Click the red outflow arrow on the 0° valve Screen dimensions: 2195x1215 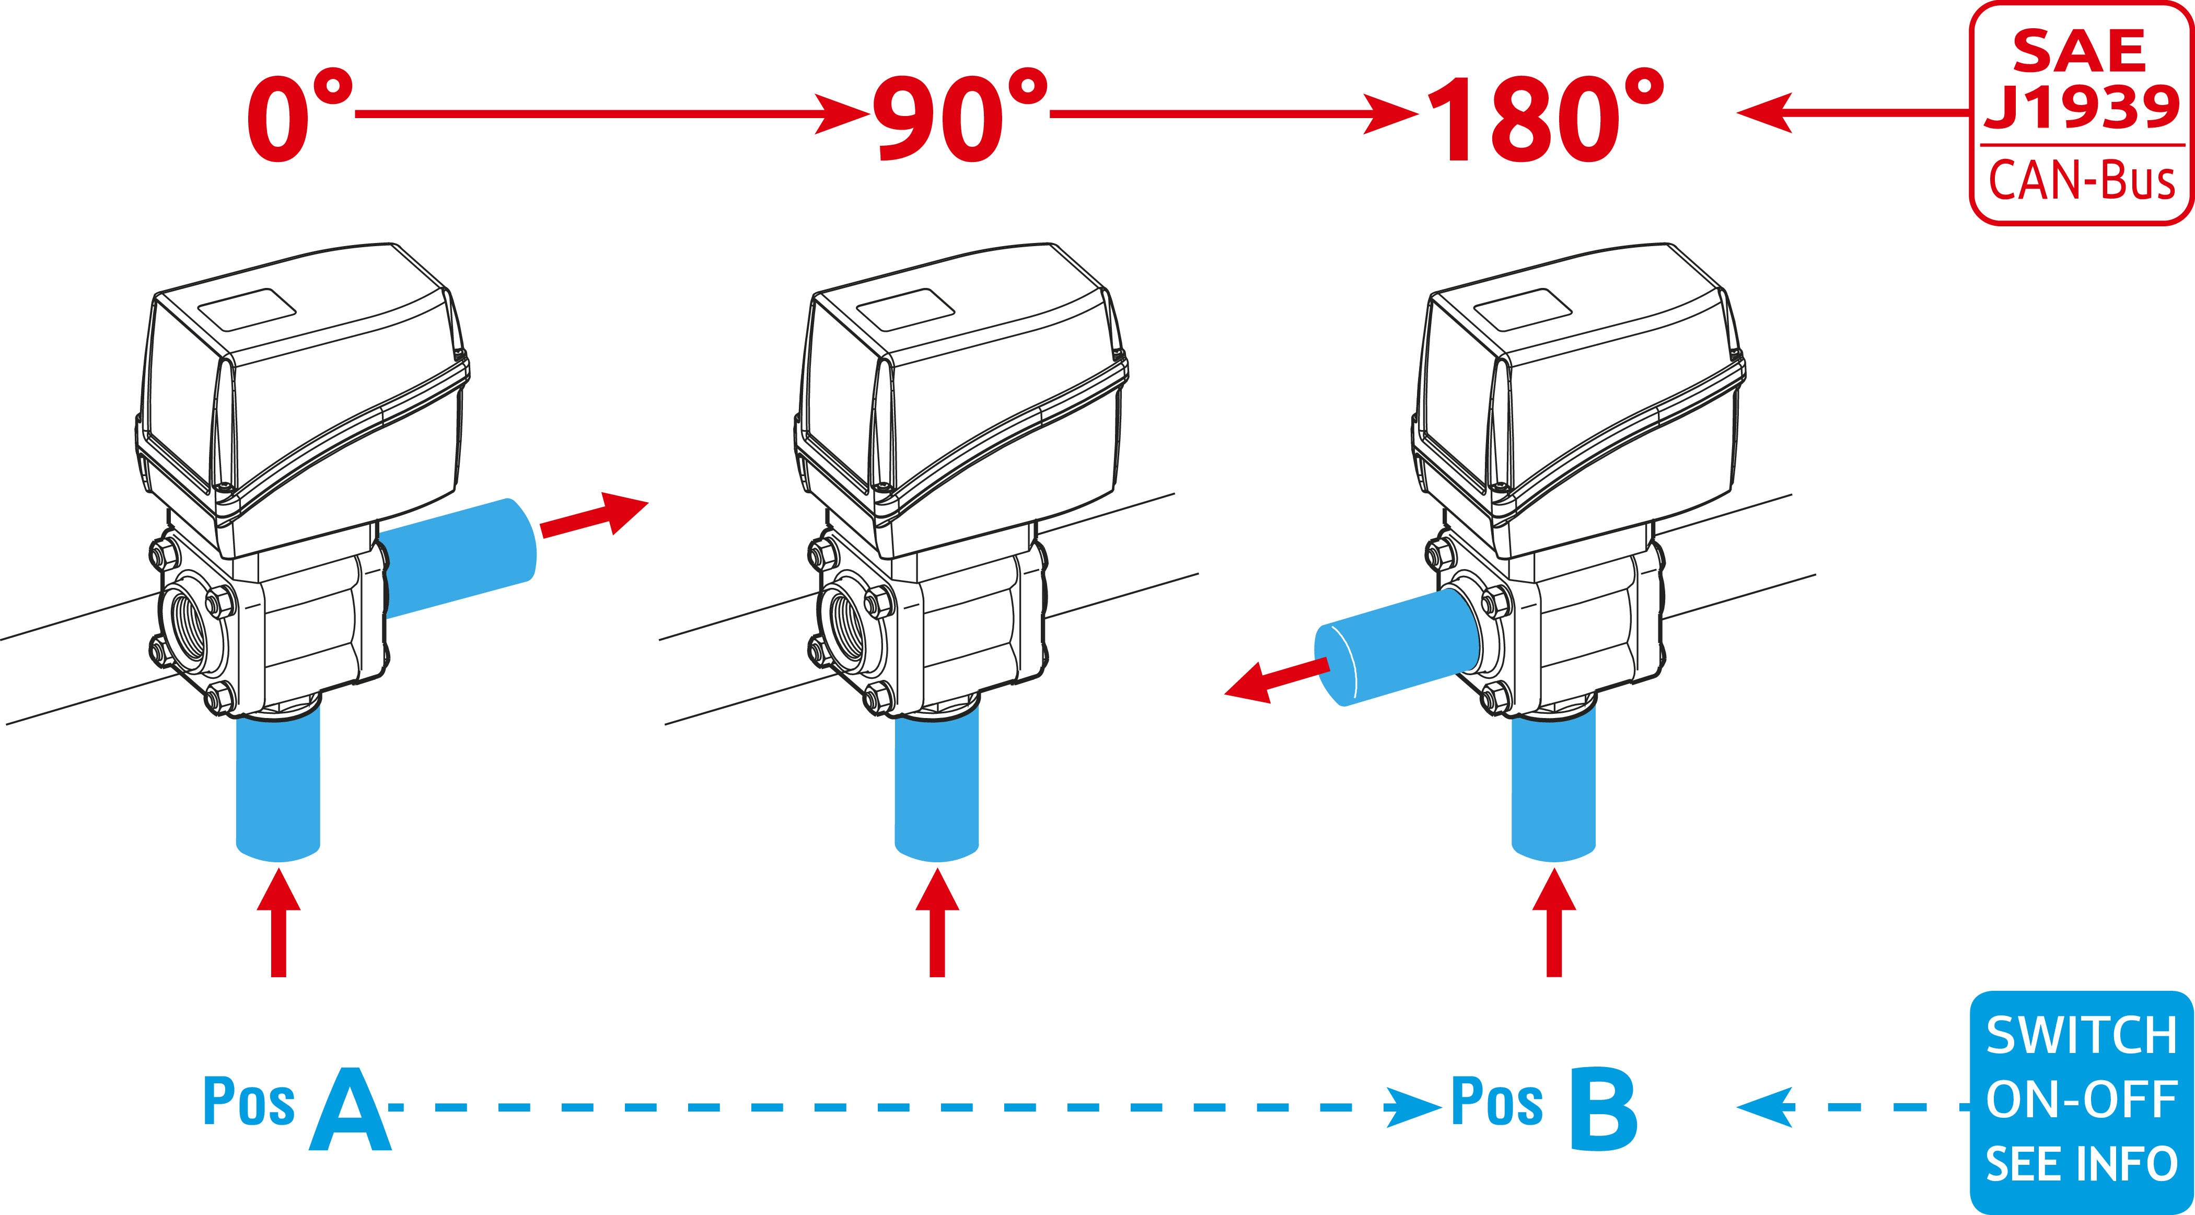click(595, 516)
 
